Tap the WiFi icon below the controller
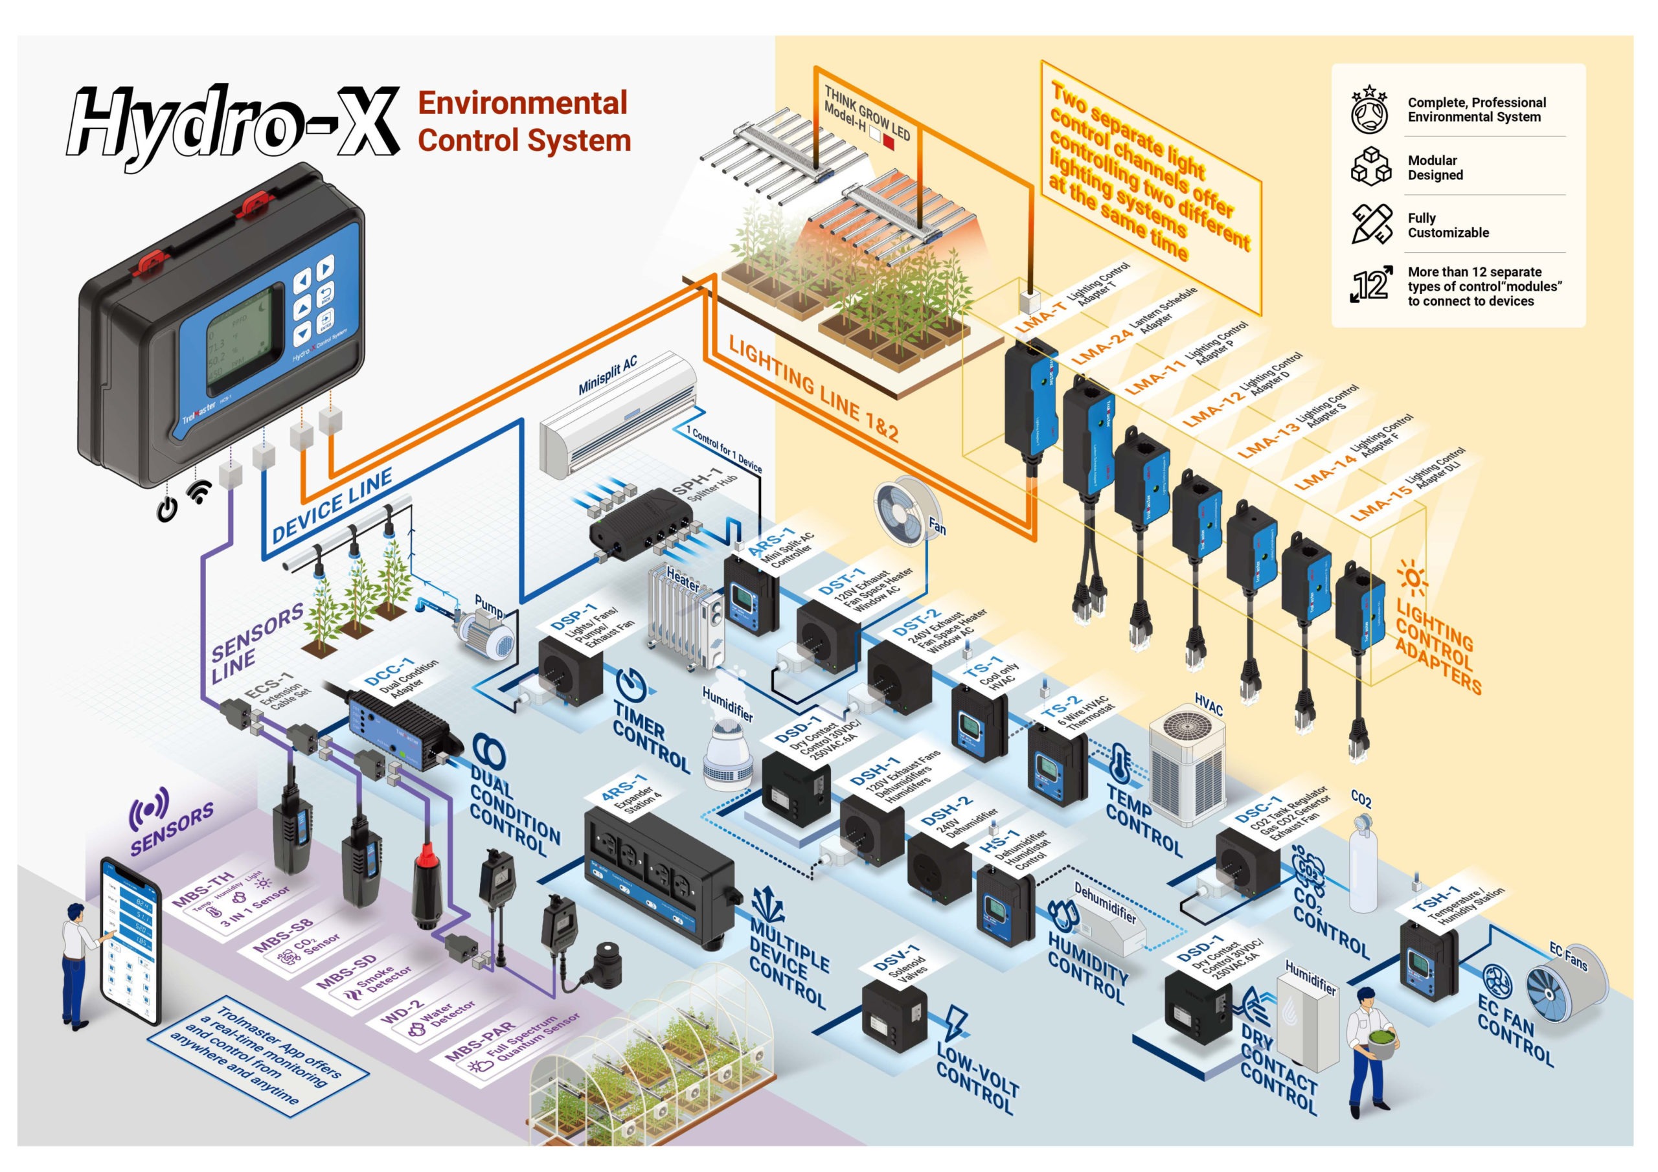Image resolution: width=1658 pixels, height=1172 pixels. (x=199, y=493)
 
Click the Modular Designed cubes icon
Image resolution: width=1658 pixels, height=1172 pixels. (x=1370, y=166)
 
